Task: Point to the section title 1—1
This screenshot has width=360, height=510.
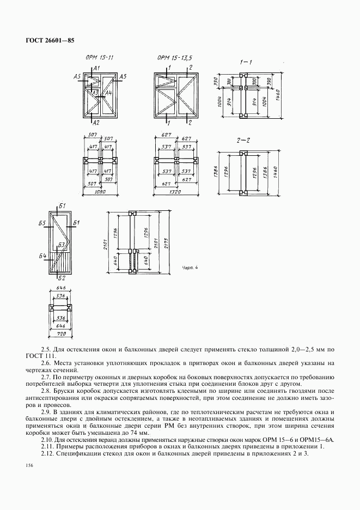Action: click(246, 62)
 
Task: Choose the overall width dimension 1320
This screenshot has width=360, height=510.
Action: click(174, 192)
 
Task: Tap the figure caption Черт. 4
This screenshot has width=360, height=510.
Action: click(190, 268)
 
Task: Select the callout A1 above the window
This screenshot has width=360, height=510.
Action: click(96, 68)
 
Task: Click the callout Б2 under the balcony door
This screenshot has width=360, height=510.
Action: click(62, 277)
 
